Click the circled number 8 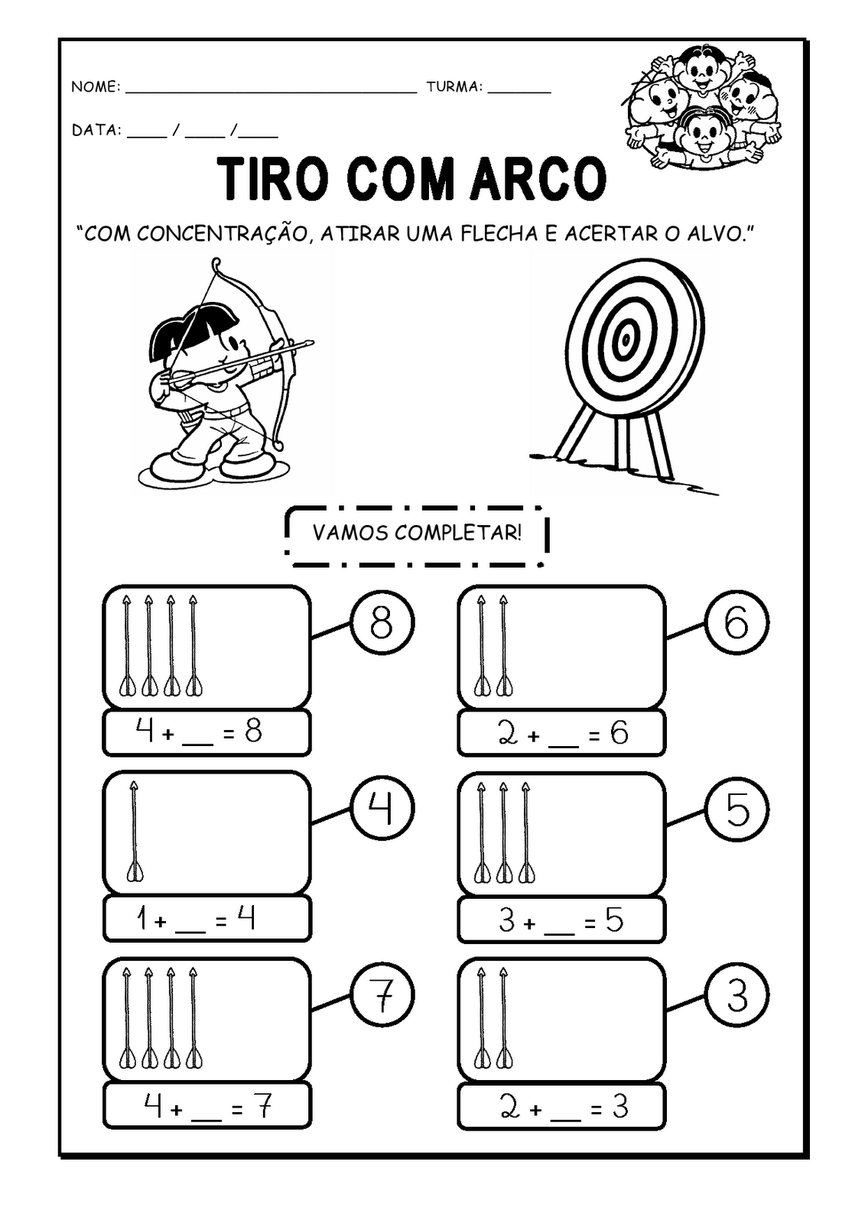coord(382,622)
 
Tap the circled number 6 coord(737,622)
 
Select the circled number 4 coord(382,808)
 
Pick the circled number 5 coord(737,809)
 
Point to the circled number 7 coord(382,994)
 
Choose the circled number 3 coord(737,996)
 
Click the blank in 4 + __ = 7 coord(206,1118)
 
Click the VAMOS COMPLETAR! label coord(417,532)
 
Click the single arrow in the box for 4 coord(134,830)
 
